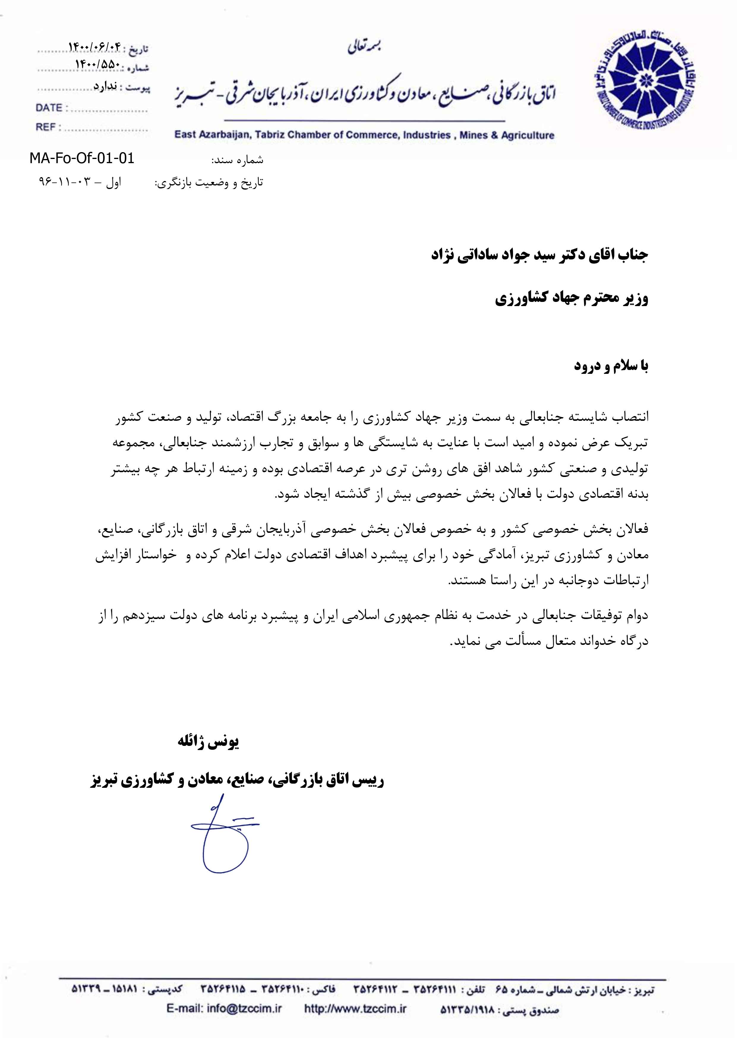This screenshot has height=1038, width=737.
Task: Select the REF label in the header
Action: point(46,127)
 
